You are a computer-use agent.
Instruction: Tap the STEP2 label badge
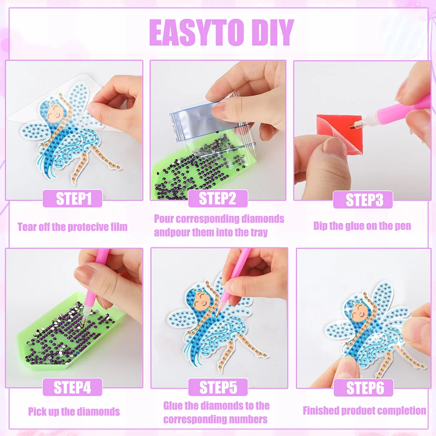coord(217,199)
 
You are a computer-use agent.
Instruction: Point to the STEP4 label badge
coord(72,387)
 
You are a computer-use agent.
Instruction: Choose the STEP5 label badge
coord(218,387)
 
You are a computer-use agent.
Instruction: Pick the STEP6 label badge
coord(363,387)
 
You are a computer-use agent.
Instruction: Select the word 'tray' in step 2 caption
coord(257,232)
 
